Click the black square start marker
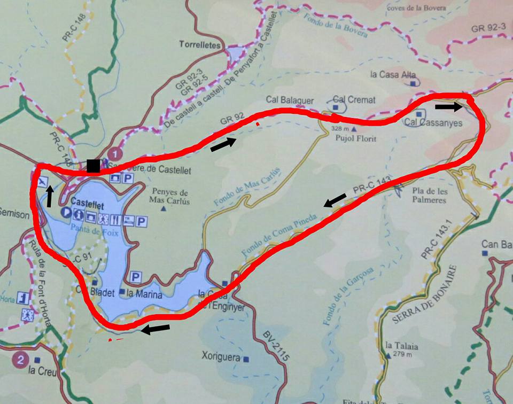coord(93,166)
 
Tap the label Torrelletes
coord(200,45)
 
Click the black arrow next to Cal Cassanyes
coord(448,107)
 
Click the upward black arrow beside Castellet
coord(49,196)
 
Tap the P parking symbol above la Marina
coord(136,277)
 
